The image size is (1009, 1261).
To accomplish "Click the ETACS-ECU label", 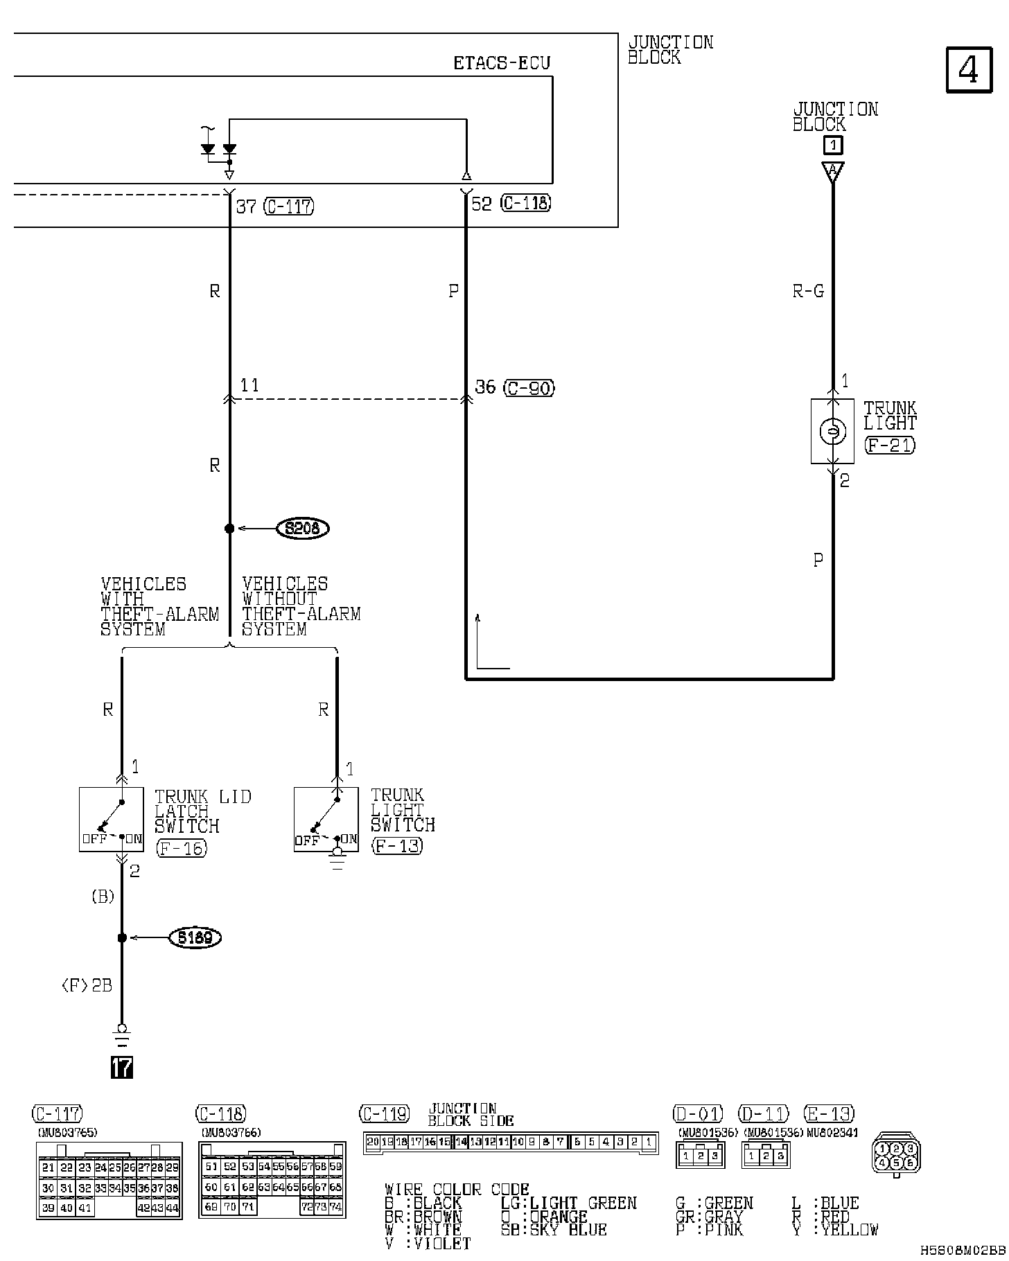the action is [502, 64].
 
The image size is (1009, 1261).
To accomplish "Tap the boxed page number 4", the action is [968, 70].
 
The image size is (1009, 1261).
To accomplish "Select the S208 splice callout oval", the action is [302, 529].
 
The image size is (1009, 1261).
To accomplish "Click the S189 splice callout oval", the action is [195, 937].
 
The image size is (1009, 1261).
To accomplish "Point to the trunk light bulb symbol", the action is [833, 432].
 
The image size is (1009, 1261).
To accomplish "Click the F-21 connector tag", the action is [890, 445].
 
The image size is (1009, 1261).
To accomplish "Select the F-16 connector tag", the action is [182, 847].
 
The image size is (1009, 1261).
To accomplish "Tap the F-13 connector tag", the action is [397, 845].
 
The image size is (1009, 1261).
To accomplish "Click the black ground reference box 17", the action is [122, 1068].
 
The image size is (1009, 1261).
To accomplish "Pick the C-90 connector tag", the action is [529, 388].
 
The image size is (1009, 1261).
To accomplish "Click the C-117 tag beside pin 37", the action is [289, 206].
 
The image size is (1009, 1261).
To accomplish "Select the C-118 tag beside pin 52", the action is [526, 204].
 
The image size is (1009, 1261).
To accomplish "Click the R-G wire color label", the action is [808, 292].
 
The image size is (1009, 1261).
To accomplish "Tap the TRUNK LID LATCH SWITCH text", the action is [202, 811].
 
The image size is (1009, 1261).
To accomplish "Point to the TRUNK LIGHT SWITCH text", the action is [403, 810].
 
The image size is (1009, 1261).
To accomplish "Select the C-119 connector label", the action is [384, 1114].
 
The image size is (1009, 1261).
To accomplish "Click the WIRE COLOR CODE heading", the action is [457, 1190].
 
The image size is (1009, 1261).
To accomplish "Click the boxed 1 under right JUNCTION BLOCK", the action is [833, 145].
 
